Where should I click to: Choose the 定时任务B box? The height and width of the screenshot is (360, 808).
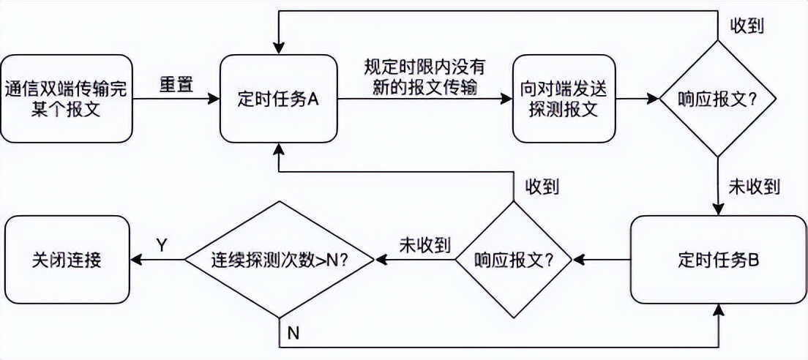tap(718, 259)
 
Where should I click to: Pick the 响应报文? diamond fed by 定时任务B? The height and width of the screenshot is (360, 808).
tap(513, 259)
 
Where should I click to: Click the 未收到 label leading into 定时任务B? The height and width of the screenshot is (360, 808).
tap(753, 186)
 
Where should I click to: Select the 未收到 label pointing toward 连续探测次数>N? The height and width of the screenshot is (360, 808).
tap(424, 244)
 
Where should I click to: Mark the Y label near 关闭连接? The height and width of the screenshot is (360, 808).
tap(162, 243)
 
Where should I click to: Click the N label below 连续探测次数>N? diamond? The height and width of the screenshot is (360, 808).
tap(293, 333)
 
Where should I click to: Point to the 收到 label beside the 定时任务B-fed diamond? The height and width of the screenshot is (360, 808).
tap(542, 186)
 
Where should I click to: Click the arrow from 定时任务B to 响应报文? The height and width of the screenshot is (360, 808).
tap(601, 259)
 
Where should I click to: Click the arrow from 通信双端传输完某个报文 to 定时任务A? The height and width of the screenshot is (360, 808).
tap(176, 98)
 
